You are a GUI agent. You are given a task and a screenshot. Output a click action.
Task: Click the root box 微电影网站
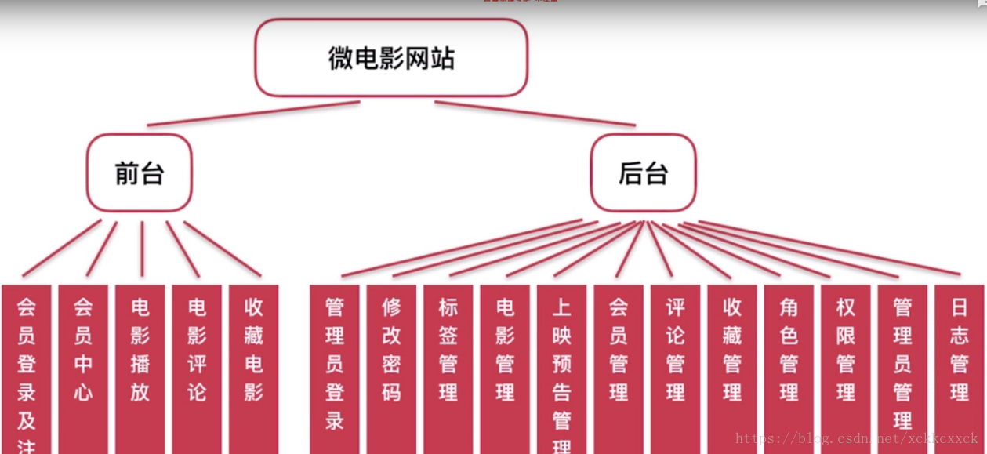tap(390, 58)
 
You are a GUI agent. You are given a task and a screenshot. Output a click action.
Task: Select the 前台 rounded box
tap(140, 173)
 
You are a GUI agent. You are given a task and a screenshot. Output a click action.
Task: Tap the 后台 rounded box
tap(643, 173)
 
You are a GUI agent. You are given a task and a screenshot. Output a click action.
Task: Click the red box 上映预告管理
tap(562, 369)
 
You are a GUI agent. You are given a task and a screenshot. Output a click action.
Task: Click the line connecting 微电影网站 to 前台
tap(253, 114)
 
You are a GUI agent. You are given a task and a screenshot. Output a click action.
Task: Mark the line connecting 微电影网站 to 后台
tap(535, 114)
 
